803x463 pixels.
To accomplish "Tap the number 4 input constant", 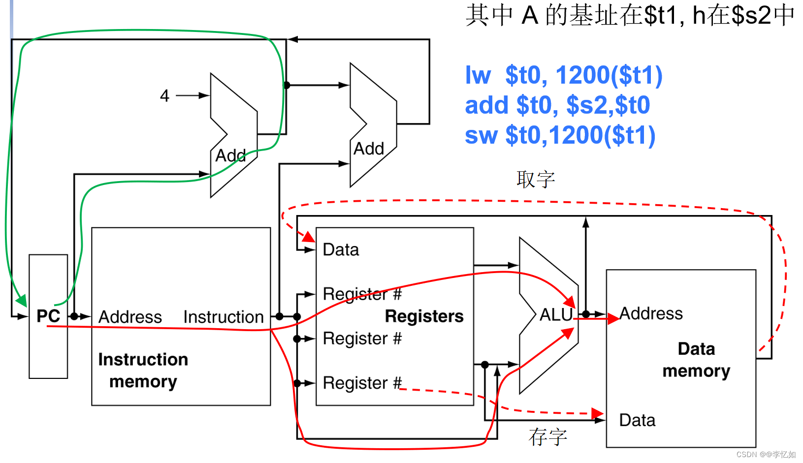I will (164, 95).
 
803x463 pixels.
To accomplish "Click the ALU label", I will (556, 315).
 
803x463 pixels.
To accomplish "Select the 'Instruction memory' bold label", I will (143, 370).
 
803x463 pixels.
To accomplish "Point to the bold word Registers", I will (424, 316).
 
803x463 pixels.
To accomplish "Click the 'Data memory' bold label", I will (696, 360).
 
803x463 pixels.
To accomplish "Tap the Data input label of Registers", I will (341, 250).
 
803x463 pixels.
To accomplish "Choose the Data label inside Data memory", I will (637, 420).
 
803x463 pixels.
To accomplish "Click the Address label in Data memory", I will (651, 313).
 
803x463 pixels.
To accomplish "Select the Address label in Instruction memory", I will (130, 317).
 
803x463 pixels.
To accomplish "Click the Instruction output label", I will (224, 317).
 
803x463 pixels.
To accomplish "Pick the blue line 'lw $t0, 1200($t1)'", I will (564, 75).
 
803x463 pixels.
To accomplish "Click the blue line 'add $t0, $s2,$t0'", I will (557, 105).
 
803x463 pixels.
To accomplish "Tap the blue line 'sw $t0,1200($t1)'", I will (560, 135).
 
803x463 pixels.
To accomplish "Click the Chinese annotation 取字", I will (536, 179).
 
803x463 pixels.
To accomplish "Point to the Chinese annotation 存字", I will (548, 436).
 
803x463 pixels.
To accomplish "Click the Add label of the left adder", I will (230, 155).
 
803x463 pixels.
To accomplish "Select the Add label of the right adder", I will (369, 149).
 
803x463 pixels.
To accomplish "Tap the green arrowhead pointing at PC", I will (21, 300).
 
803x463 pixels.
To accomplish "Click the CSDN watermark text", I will (766, 455).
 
